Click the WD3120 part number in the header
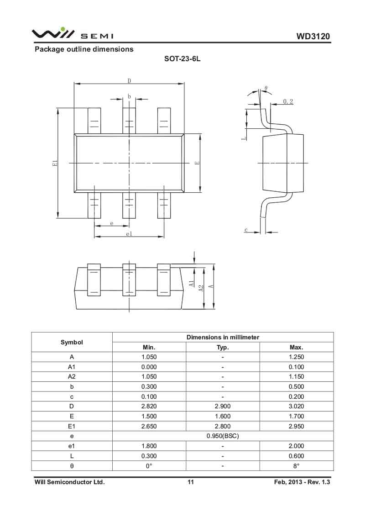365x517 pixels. point(313,36)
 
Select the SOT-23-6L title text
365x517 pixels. point(182,59)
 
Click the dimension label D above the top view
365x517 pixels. point(130,81)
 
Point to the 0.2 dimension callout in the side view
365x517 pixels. point(288,101)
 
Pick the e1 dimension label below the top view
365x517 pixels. point(129,234)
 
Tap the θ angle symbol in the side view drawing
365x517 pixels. point(266,88)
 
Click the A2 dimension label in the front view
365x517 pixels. point(202,288)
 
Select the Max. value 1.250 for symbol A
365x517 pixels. point(296,357)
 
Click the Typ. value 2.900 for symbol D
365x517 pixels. point(223,406)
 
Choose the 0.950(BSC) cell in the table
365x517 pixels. point(223,436)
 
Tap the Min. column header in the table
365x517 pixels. point(149,348)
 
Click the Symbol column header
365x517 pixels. point(72,343)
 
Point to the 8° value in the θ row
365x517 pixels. point(296,466)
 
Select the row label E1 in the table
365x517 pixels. point(72,426)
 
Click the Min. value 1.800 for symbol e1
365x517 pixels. point(149,446)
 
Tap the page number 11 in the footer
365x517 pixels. point(191,482)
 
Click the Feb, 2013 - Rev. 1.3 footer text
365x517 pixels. point(302,482)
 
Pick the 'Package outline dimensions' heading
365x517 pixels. point(84,49)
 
